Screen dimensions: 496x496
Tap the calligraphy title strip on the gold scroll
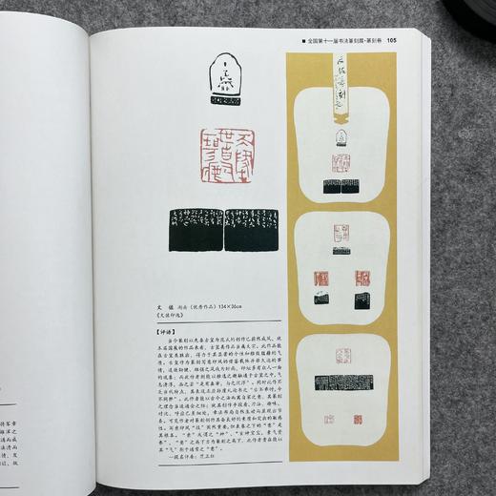point(339,80)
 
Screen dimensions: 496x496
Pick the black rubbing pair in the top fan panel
point(341,185)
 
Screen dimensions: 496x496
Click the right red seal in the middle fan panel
point(362,279)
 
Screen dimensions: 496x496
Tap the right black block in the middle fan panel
point(362,300)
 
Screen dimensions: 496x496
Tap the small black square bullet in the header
point(303,40)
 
